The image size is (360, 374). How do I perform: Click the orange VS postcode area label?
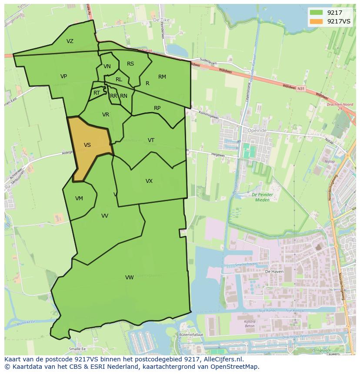(87, 145)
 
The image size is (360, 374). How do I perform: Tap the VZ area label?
(70, 41)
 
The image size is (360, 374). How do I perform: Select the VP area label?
(63, 76)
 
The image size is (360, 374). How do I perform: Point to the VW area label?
(129, 277)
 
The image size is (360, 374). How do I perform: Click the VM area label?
(79, 199)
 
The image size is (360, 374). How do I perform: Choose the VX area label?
(149, 181)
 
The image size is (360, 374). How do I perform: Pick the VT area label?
(151, 140)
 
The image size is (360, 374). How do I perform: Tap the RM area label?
(162, 77)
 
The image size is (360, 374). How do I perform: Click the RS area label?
(130, 64)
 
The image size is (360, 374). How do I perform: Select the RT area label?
(97, 93)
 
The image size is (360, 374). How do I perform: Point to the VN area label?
(107, 66)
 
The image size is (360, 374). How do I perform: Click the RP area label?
(157, 108)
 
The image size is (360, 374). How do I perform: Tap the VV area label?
(105, 216)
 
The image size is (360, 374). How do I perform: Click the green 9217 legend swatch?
(316, 12)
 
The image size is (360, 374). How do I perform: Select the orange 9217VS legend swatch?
(316, 21)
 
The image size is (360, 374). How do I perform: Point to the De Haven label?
(274, 271)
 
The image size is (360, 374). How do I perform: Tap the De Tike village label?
(161, 20)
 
